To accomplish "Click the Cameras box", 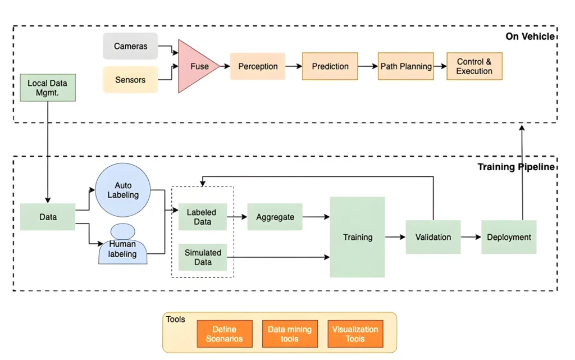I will (130, 46).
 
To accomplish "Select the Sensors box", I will (130, 80).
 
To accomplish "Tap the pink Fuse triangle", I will (195, 66).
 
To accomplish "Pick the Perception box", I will (258, 66).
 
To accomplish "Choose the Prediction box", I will (330, 66).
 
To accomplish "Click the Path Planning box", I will (406, 66).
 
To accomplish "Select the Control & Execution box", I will (474, 66).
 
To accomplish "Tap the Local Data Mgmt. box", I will (47, 88).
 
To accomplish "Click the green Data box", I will (48, 217).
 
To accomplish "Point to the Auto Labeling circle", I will (123, 190).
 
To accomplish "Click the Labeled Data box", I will (203, 217).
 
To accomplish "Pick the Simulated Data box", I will (203, 257).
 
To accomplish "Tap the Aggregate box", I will (275, 217).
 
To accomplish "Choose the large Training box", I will (357, 237).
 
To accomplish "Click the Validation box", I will (433, 237).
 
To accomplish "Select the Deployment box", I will (509, 237).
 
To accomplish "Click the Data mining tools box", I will (290, 334).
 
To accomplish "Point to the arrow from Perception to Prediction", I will (294, 66).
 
